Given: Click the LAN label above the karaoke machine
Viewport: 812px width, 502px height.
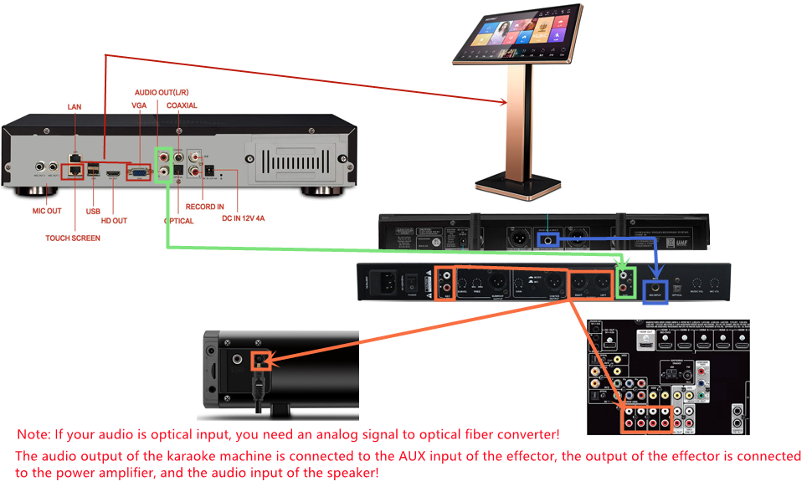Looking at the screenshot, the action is (75, 107).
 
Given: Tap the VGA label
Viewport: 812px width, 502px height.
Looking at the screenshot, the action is (139, 106).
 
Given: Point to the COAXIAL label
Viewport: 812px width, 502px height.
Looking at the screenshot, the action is (182, 106).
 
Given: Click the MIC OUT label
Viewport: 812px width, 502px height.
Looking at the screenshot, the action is (47, 211).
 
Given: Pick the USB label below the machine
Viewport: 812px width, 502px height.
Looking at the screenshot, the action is (93, 212).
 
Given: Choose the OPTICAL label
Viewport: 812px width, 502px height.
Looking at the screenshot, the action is (178, 221).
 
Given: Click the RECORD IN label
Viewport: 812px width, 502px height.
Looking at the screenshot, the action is (205, 205).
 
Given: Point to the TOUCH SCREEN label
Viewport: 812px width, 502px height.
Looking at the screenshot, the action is (73, 238).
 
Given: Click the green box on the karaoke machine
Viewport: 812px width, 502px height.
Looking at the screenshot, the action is (165, 164).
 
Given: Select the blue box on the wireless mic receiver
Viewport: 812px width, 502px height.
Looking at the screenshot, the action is (549, 240).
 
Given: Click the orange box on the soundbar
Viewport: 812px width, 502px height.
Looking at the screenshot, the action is (260, 361).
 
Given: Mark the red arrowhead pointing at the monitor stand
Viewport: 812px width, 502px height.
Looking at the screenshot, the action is (503, 105).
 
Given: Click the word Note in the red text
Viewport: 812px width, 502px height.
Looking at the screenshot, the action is (34, 434).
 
